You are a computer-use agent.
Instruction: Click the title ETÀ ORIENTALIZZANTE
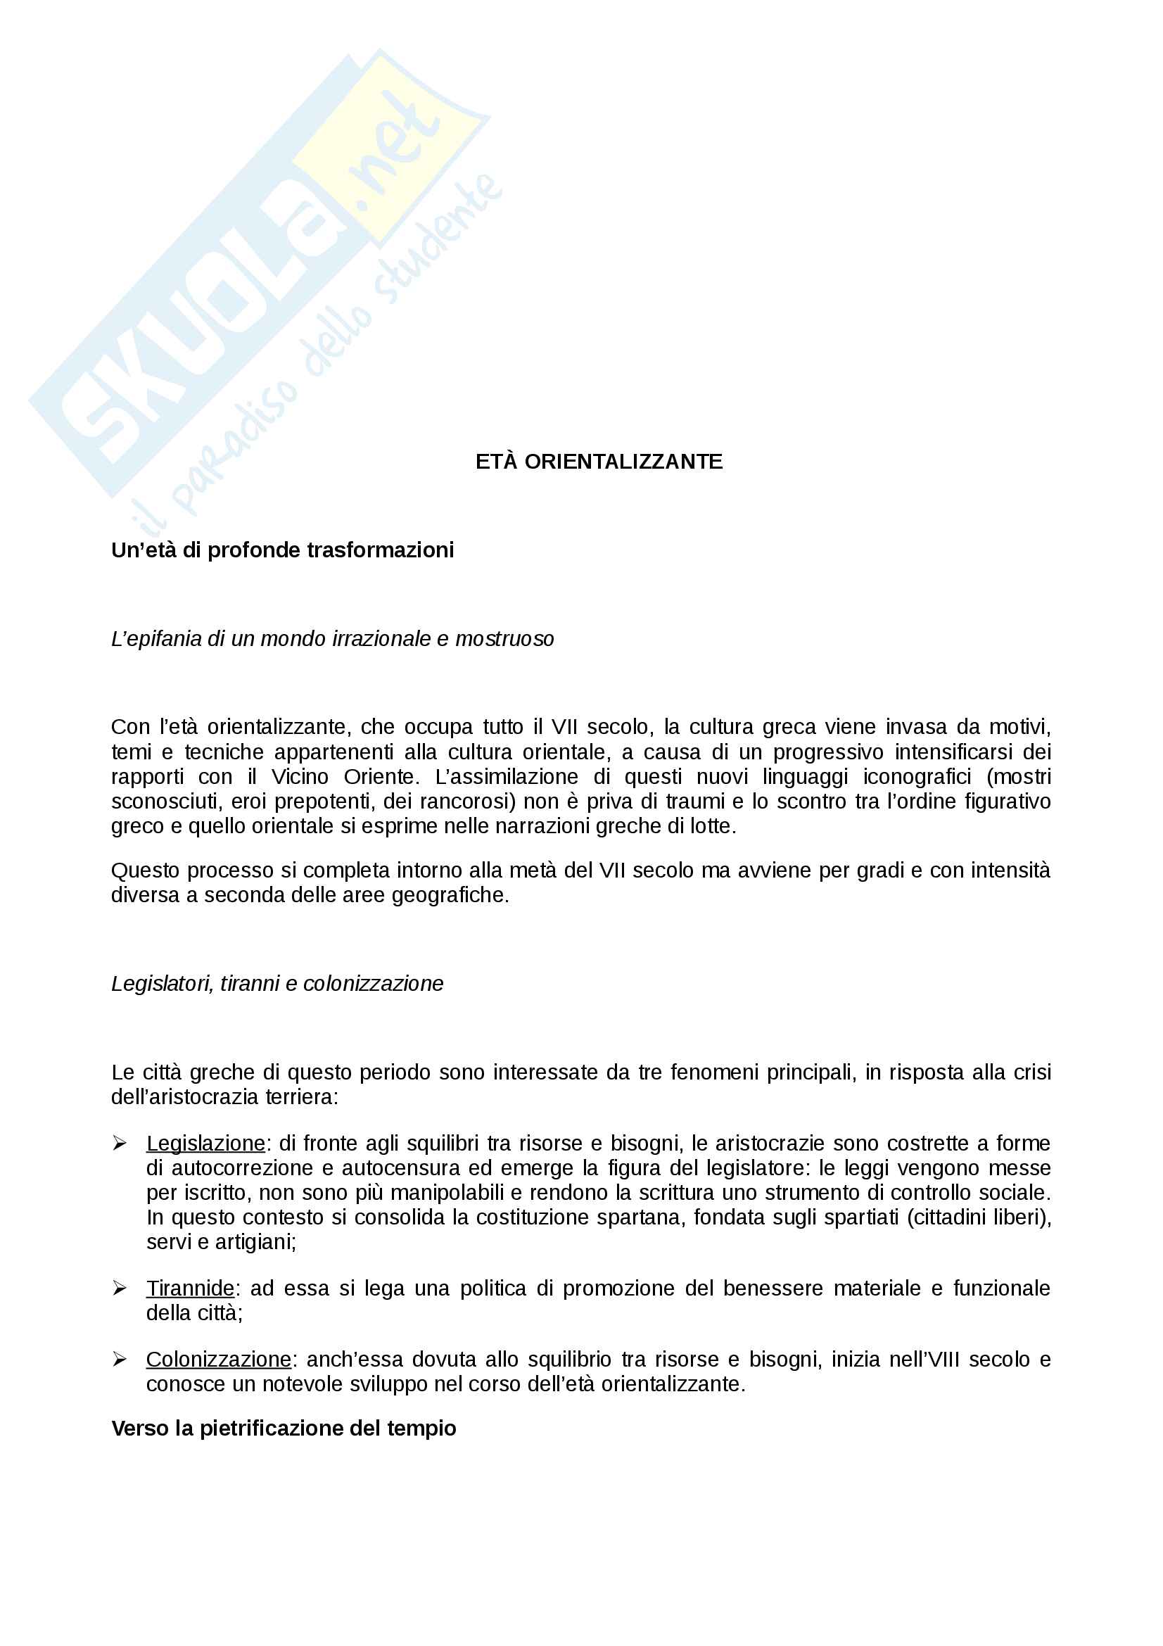pos(598,462)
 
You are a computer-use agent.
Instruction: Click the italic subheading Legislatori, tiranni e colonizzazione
pos(277,984)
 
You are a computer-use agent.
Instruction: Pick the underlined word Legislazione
pos(205,1143)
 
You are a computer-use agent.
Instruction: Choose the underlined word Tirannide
pos(190,1289)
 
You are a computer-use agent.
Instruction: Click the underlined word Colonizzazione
pos(219,1360)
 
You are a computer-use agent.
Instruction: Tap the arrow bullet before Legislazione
pos(120,1144)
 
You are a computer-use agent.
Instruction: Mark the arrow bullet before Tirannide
pos(120,1289)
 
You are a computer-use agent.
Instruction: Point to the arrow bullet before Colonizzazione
pos(120,1360)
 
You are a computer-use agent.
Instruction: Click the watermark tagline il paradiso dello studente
pos(315,358)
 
